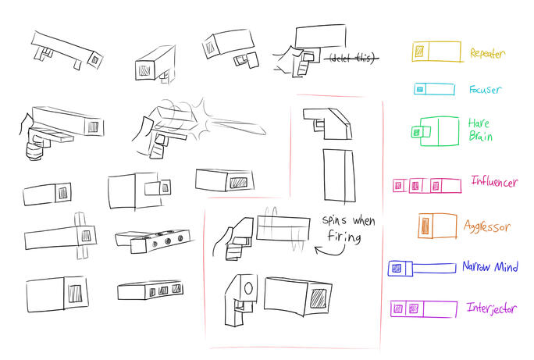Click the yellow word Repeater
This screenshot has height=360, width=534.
pyautogui.click(x=487, y=53)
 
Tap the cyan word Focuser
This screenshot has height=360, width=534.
pyautogui.click(x=485, y=90)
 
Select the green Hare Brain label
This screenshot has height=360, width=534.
pyautogui.click(x=480, y=130)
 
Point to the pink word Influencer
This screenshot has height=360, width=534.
pyautogui.click(x=494, y=181)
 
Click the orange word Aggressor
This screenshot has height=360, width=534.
pyautogui.click(x=487, y=226)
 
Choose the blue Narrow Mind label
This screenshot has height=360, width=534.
pyautogui.click(x=490, y=266)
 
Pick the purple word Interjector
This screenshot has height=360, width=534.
pyautogui.click(x=492, y=308)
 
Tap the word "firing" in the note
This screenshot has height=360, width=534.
pyautogui.click(x=344, y=236)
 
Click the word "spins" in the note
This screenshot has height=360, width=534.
pyautogui.click(x=334, y=220)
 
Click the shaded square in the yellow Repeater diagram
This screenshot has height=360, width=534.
pyautogui.click(x=419, y=52)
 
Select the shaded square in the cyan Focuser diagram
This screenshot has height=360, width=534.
pyautogui.click(x=420, y=90)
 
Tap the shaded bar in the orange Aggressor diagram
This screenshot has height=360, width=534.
pyautogui.click(x=425, y=226)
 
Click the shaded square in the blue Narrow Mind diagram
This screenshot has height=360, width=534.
pyautogui.click(x=397, y=269)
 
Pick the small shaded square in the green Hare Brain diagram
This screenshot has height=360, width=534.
pyautogui.click(x=416, y=132)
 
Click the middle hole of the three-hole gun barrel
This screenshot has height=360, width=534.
pyautogui.click(x=168, y=241)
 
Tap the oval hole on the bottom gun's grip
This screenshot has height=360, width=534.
pyautogui.click(x=248, y=289)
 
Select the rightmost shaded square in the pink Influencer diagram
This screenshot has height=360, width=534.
pyautogui.click(x=436, y=186)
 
